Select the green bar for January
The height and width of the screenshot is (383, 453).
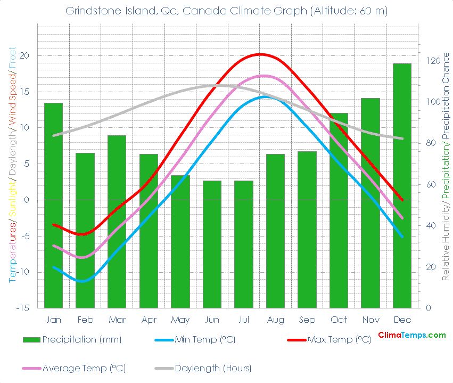pyautogui.click(x=53, y=205)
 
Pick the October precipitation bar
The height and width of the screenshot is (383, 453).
pyautogui.click(x=339, y=210)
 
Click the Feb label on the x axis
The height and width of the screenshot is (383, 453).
pyautogui.click(x=85, y=320)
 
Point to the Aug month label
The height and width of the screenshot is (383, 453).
pyautogui.click(x=275, y=320)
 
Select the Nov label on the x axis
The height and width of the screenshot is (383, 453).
pyautogui.click(x=370, y=320)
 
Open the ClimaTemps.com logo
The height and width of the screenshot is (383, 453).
pyautogui.click(x=411, y=335)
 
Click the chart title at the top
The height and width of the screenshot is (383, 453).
pyautogui.click(x=226, y=11)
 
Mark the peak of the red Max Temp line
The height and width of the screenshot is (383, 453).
pyautogui.click(x=260, y=54)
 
